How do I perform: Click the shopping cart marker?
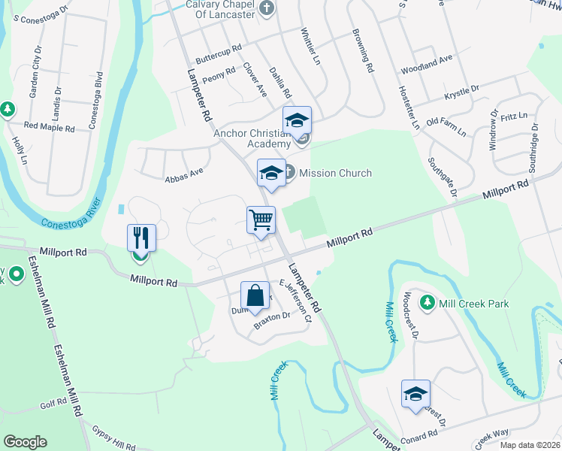[261, 221]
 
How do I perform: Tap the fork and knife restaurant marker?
[141, 239]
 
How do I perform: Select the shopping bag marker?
[255, 295]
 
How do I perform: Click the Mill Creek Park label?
[475, 304]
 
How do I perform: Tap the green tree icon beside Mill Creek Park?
[428, 302]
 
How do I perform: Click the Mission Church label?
[335, 173]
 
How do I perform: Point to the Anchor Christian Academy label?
[252, 138]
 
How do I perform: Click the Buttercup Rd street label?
[218, 53]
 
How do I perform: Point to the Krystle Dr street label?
[461, 93]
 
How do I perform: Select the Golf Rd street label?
[54, 404]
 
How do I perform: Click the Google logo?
[25, 442]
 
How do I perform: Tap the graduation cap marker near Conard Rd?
[415, 395]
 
